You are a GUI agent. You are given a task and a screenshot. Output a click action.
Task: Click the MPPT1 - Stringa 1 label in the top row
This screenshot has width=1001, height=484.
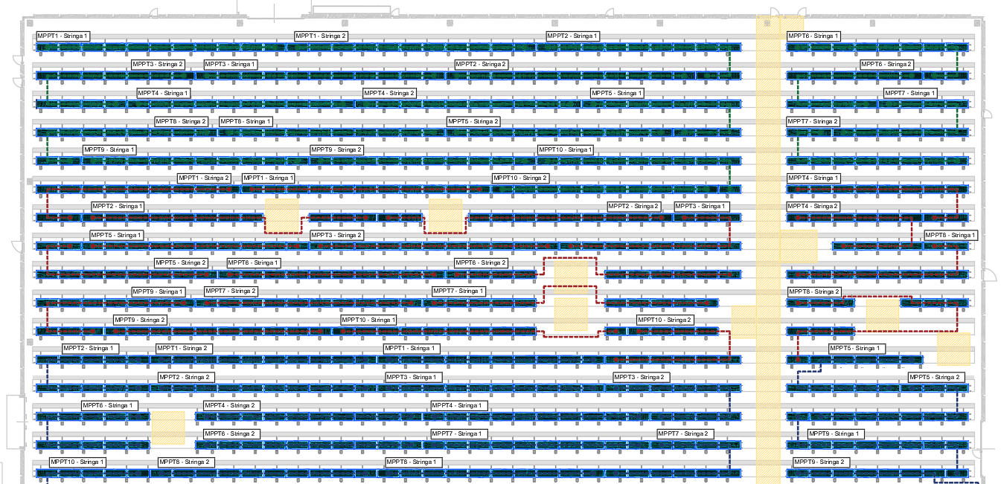pos(63,36)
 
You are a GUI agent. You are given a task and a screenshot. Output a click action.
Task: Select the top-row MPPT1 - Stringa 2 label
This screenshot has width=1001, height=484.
pos(321,36)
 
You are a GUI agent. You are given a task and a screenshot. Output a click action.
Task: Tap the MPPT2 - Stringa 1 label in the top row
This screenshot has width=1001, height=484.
pos(572,36)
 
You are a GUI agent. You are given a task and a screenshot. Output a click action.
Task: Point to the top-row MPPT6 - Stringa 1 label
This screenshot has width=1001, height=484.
pos(813,36)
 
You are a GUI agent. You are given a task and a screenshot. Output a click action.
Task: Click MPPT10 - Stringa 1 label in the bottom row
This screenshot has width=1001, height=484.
pos(77,462)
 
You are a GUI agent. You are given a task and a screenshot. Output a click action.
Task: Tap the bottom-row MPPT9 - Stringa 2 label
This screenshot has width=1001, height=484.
pos(819,462)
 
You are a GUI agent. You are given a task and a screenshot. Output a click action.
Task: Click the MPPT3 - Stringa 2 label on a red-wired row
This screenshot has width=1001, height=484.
pos(336,235)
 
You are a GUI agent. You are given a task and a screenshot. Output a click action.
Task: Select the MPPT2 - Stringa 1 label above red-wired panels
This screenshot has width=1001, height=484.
pos(118,206)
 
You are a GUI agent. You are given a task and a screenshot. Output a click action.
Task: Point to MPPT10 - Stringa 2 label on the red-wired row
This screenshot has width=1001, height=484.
pos(665,320)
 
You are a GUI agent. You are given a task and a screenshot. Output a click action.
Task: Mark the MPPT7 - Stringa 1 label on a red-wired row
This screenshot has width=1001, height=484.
pos(458,291)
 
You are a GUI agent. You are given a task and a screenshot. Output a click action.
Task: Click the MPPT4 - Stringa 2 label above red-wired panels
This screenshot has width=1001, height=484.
pos(813,206)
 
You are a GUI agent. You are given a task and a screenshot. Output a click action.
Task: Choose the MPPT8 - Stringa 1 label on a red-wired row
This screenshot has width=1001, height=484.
pos(950,235)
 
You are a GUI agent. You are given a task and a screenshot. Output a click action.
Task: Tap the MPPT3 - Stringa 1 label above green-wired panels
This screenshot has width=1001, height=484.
pos(230,64)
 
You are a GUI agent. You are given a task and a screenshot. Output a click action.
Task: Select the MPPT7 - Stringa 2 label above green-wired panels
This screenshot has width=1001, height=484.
pos(813,121)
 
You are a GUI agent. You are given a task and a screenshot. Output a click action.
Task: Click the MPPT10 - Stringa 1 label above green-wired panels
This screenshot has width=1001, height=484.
pos(566,150)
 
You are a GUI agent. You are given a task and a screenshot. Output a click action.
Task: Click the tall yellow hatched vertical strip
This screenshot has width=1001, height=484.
pos(768,250)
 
